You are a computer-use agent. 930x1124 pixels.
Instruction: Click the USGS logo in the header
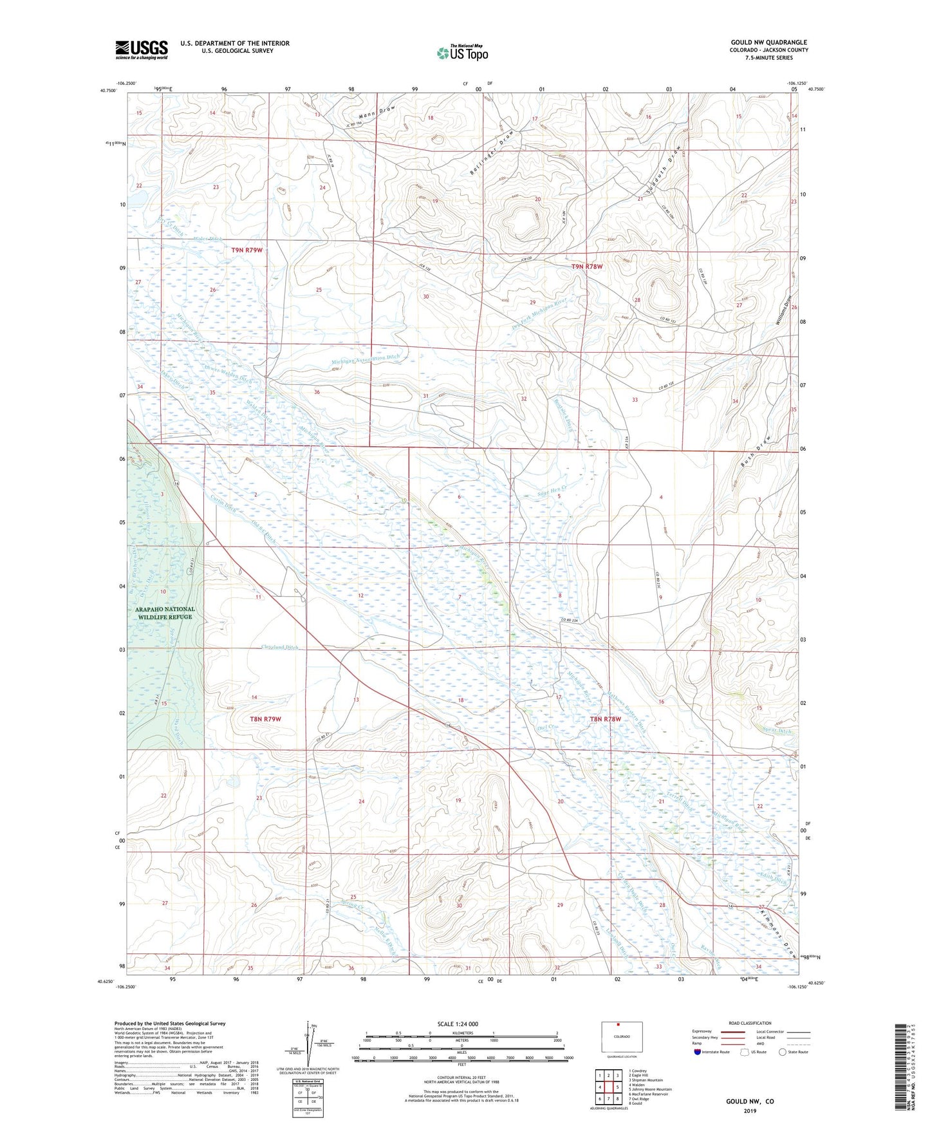click(142, 50)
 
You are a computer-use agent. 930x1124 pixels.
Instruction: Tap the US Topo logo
click(462, 53)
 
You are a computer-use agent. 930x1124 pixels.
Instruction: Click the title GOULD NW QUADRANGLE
click(769, 42)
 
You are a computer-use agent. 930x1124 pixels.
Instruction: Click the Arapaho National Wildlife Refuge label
click(165, 612)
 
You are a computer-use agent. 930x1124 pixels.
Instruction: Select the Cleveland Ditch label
click(279, 647)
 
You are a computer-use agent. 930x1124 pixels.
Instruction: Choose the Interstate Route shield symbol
click(698, 1052)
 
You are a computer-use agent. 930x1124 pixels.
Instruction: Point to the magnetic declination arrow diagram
click(308, 1044)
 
